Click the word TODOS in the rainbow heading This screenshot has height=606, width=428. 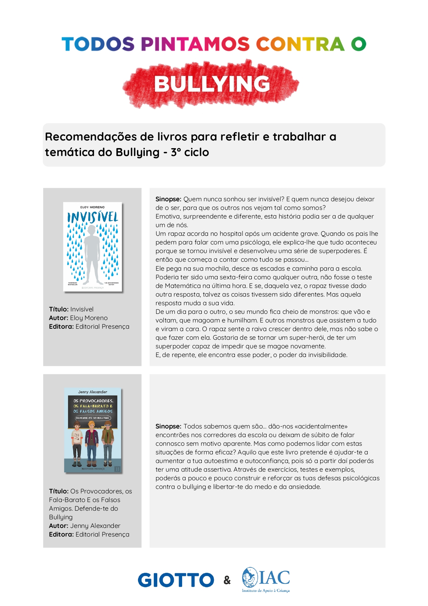[98, 44]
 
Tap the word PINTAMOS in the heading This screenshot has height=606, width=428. [195, 44]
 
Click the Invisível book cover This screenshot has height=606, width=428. [92, 247]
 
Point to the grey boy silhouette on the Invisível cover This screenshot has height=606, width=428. [92, 254]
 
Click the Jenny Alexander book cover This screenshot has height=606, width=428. [93, 430]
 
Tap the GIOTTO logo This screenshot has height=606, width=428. [176, 580]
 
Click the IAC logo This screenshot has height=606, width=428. [266, 579]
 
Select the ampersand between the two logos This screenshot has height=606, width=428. [227, 580]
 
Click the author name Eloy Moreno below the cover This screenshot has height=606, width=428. [89, 318]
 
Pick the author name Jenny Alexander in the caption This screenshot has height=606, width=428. [95, 526]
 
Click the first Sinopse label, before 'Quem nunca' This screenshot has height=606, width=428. [168, 199]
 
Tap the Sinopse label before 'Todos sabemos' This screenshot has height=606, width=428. [168, 426]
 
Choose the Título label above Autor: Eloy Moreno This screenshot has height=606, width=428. [59, 309]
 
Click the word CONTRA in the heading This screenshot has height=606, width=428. [300, 44]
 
